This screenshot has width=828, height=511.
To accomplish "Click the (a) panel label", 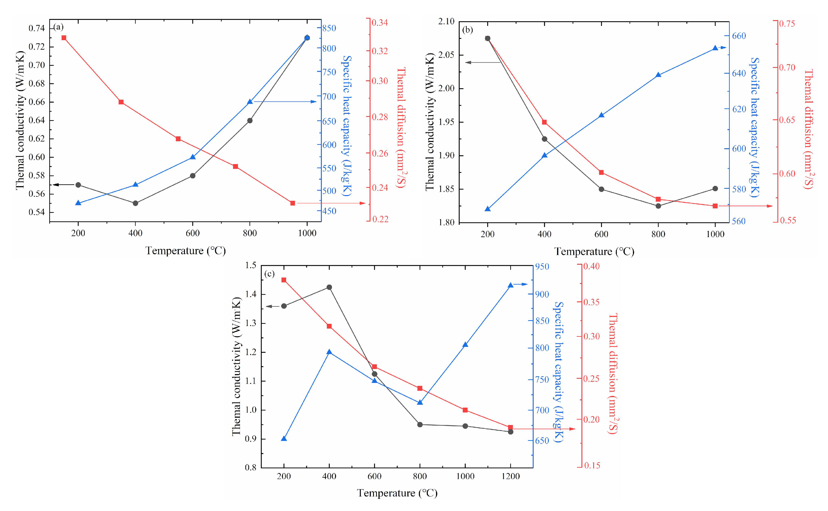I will [58, 27].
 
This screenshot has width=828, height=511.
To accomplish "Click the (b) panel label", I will [467, 30].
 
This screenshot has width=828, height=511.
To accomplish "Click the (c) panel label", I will [269, 274].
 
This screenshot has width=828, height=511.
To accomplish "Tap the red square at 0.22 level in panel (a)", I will [292, 203].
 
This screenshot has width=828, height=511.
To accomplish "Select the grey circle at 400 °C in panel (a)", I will [135, 203].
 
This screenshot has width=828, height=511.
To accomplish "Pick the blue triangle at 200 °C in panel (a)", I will [78, 203].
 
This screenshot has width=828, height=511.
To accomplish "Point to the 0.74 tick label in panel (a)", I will [36, 28].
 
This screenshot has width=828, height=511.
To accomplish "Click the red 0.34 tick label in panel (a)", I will [380, 23].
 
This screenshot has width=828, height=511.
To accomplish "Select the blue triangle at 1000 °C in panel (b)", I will [715, 48].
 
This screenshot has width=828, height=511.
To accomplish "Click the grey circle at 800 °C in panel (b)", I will [658, 206].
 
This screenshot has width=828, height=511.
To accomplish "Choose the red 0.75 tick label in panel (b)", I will [787, 24].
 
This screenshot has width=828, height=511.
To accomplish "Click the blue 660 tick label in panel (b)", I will [739, 36].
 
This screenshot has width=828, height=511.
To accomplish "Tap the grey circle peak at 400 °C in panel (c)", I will [329, 287].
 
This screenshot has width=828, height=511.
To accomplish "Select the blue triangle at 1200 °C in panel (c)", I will [511, 285].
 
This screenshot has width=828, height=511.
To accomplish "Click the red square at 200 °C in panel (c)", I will [284, 280].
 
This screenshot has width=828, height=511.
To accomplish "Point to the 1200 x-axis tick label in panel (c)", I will [511, 476].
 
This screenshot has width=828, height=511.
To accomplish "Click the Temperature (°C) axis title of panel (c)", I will [397, 493].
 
